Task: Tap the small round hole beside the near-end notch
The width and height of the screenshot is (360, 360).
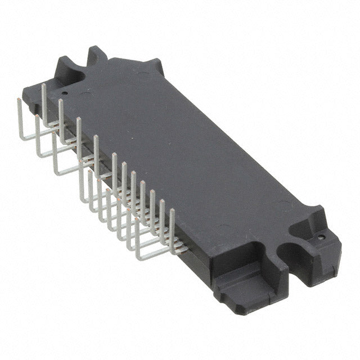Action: click(321, 237)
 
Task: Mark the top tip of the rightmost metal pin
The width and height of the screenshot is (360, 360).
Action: click(172, 211)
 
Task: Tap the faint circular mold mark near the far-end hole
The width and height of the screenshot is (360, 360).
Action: click(84, 93)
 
